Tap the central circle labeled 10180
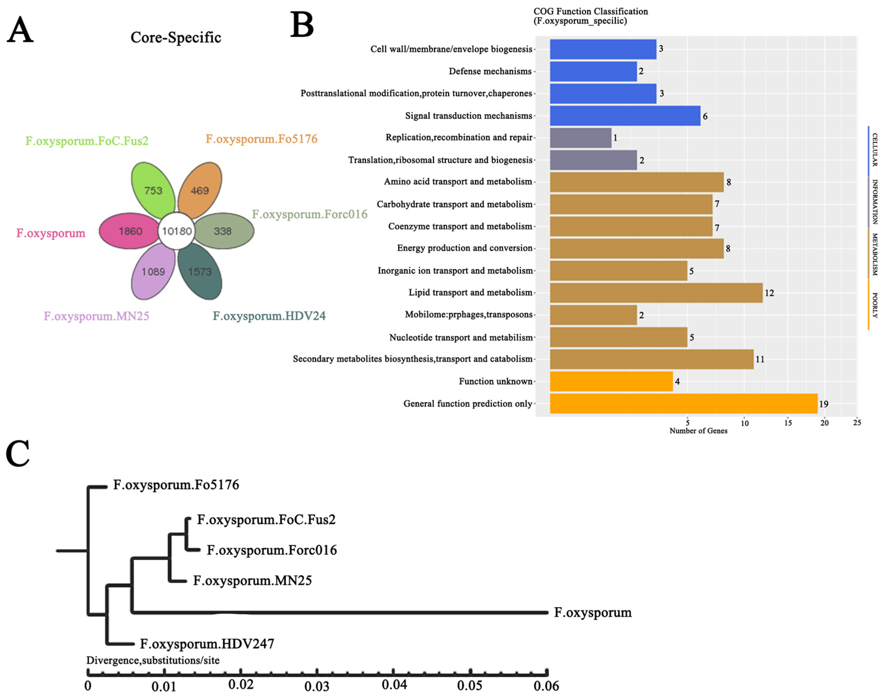pos(176,231)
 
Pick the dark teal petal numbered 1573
pos(200,272)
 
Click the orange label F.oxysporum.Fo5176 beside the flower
pos(261,139)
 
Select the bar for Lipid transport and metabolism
pos(656,293)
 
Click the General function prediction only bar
pos(683,404)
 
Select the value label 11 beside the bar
pos(760,359)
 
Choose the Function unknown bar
pos(611,381)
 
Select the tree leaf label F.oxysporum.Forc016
pos(272,550)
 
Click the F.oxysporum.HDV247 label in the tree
pos(207,644)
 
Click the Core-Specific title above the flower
pos(176,38)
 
